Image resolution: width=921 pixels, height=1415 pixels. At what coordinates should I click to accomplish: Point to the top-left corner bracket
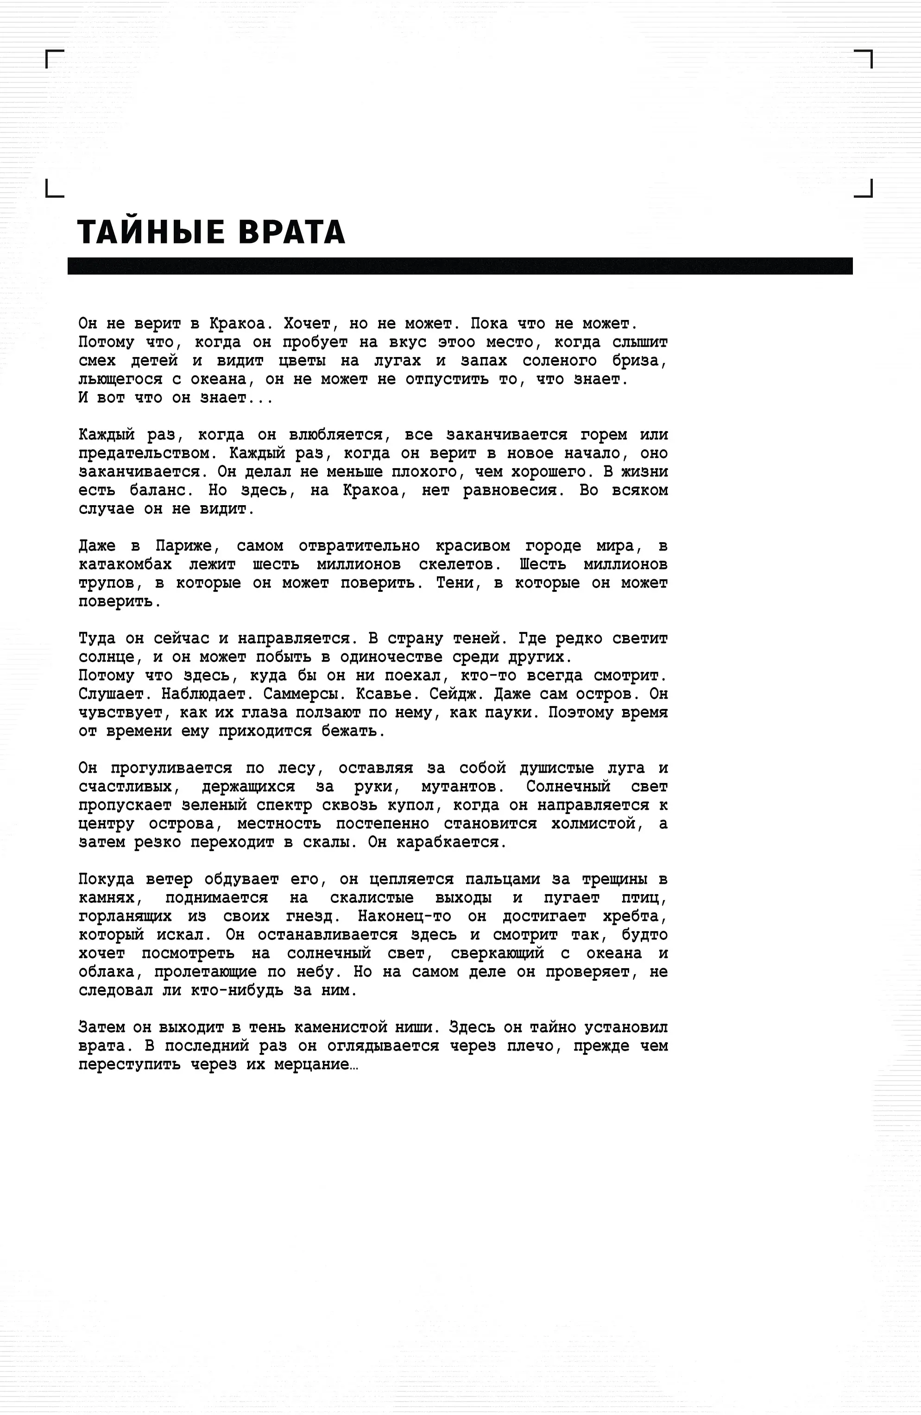(x=54, y=58)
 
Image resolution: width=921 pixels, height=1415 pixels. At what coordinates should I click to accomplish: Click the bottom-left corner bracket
(x=54, y=189)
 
